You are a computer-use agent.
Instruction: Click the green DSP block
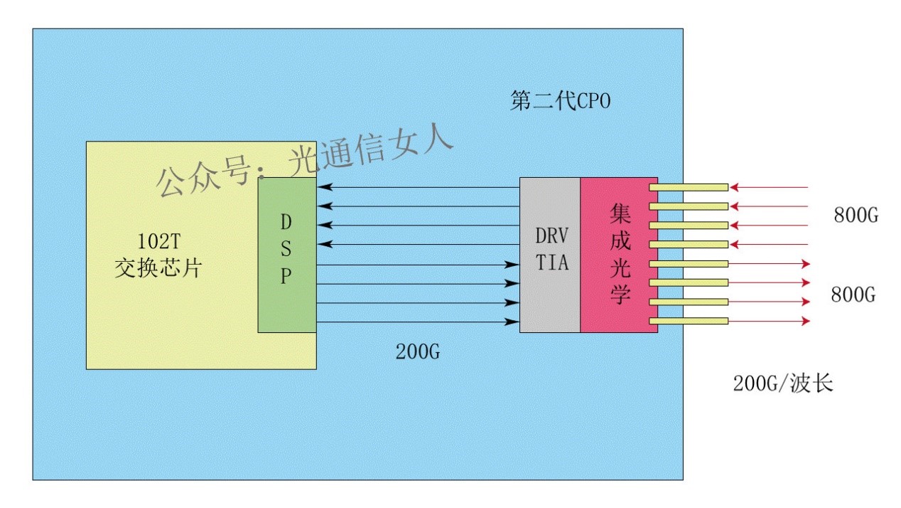point(286,299)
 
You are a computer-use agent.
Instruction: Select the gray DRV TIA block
point(550,299)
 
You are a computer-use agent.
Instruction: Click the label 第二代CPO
point(560,102)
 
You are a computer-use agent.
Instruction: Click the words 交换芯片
point(158,269)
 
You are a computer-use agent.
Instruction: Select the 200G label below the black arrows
point(419,351)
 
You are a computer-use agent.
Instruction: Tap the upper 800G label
point(857,215)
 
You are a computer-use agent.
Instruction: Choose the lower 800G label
point(853,295)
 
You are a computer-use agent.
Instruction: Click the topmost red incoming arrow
point(770,188)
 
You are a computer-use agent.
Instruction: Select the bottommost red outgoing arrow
point(770,322)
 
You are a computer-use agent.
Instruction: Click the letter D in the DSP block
point(286,222)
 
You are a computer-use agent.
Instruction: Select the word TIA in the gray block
point(551,263)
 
